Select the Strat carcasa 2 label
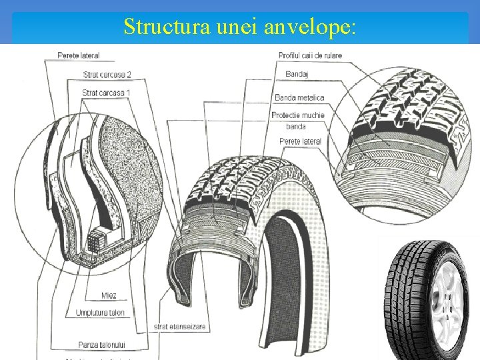[x=107, y=74]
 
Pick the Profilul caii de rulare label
[x=310, y=55]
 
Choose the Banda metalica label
[x=299, y=98]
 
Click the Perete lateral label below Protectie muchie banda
[x=300, y=141]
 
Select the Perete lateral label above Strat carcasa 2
[x=79, y=55]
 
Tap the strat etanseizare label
[x=180, y=327]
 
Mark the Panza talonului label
[x=101, y=344]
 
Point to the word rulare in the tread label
[x=331, y=55]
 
